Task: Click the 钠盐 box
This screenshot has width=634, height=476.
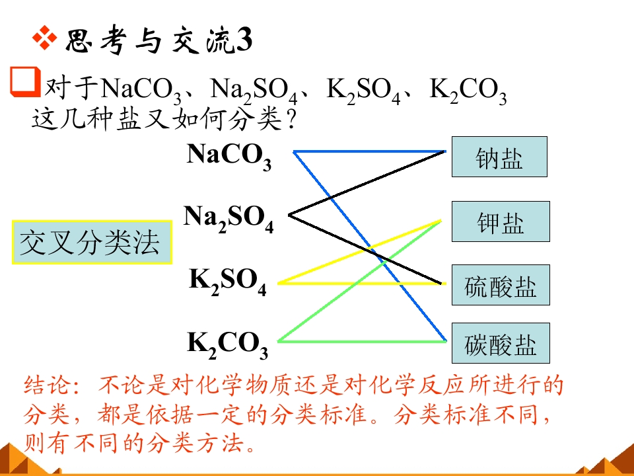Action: (x=499, y=157)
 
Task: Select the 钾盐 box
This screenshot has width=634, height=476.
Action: (x=501, y=221)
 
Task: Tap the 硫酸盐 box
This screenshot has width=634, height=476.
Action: (x=501, y=285)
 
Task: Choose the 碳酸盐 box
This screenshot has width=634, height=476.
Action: (x=501, y=343)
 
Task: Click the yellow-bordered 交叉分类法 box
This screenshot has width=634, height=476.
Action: (x=92, y=243)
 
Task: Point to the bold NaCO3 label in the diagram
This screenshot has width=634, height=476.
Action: (x=229, y=156)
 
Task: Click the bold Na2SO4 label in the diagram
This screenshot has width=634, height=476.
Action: (x=229, y=219)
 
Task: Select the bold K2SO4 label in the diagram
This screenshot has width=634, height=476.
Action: (x=228, y=282)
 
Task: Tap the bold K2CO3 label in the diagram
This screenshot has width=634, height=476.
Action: (x=228, y=345)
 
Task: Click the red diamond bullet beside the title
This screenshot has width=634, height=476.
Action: (x=45, y=38)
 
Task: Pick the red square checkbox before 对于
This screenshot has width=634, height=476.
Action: (x=25, y=82)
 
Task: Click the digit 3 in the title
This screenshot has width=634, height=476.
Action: (x=244, y=40)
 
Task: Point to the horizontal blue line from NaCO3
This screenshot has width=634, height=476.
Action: (x=370, y=151)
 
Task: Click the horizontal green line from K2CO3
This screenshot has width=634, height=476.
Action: (x=362, y=342)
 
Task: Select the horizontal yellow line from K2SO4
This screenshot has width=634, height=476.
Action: (x=362, y=284)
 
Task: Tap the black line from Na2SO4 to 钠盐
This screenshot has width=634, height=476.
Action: (x=367, y=183)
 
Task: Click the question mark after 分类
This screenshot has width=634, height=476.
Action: (x=291, y=120)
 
